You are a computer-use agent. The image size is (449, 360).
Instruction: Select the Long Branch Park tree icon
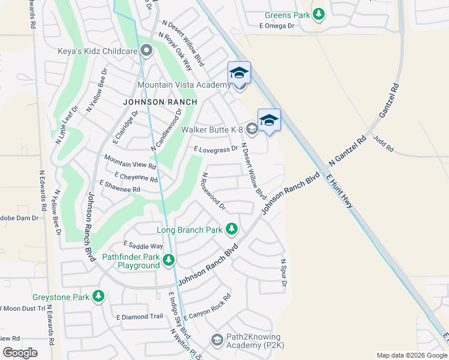tap(232, 229)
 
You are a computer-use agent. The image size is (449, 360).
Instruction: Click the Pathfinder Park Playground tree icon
tap(169, 260)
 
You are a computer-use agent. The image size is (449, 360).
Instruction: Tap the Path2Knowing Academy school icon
tap(217, 341)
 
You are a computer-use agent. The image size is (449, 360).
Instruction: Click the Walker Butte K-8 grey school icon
tap(252, 128)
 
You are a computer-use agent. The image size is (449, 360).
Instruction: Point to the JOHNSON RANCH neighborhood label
tap(160, 102)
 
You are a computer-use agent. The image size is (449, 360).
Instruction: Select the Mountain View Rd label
tap(130, 161)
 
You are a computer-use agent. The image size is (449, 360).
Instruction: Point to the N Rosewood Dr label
tap(213, 192)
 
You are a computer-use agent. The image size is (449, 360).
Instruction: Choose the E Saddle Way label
tap(143, 245)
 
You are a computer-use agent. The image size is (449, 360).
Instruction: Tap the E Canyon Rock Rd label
tap(208, 307)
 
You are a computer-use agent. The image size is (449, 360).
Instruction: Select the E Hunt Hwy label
tap(340, 192)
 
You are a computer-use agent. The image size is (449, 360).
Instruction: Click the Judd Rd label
tap(383, 143)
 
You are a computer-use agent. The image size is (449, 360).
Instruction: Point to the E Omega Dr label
tap(277, 26)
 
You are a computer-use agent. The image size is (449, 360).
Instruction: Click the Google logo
tap(19, 353)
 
